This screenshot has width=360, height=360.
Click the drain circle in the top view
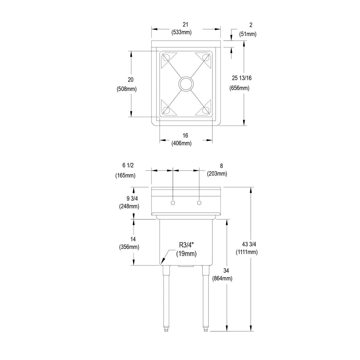tap(186, 84)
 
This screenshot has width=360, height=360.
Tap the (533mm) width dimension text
tap(181, 32)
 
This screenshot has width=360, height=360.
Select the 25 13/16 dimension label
tap(241, 78)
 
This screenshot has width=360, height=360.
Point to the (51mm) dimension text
tap(248, 34)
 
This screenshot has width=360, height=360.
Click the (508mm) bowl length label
tap(126, 89)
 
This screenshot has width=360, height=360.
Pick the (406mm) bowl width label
tap(181, 143)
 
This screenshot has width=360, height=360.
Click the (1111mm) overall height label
tap(247, 252)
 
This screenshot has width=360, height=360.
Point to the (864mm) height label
tap(222, 278)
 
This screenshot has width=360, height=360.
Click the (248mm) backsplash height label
tap(129, 206)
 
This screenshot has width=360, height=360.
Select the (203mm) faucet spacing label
tap(217, 174)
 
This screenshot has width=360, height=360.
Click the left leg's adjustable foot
tap(166, 329)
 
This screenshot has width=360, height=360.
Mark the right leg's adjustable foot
tap(205, 329)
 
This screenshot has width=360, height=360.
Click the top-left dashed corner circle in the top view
tap(166, 57)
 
